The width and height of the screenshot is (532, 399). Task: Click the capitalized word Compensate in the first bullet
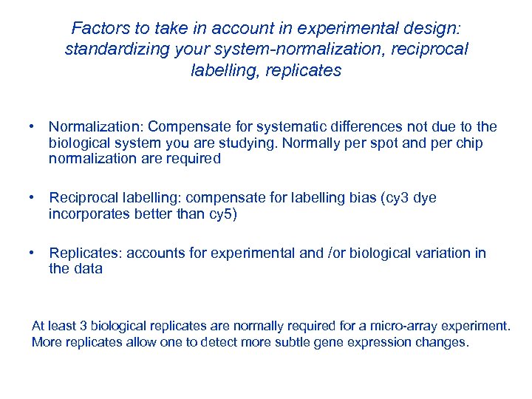pyautogui.click(x=180, y=126)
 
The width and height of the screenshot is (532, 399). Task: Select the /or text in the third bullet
pyautogui.click(x=334, y=253)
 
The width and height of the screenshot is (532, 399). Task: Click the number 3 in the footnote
pyautogui.click(x=71, y=326)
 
